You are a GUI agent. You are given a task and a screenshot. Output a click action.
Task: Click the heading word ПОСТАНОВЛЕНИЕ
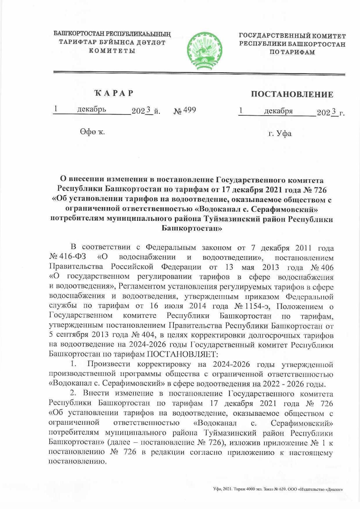[x=292, y=94]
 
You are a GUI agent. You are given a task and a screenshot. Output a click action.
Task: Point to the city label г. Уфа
[x=280, y=133]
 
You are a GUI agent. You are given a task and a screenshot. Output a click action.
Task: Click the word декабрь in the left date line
[x=91, y=109]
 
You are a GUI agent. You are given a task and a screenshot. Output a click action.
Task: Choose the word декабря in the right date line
[x=278, y=111]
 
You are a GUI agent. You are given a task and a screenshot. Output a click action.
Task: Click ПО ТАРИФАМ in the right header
[x=292, y=52]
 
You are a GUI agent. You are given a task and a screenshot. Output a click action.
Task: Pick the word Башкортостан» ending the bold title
[x=192, y=228]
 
